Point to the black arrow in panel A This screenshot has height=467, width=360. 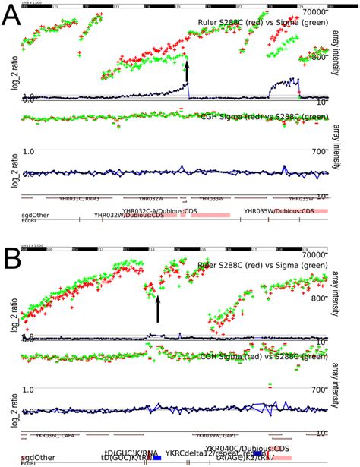pos(187,74)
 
